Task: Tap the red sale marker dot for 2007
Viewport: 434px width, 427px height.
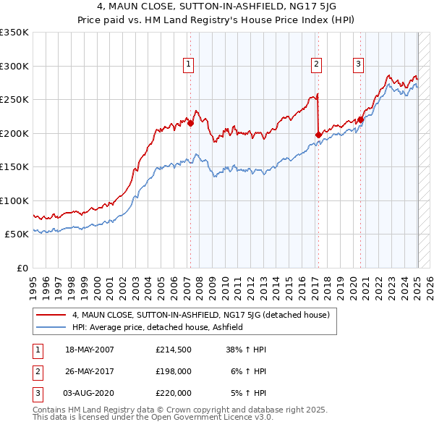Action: click(190, 124)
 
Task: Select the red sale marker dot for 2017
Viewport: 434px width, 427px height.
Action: click(318, 135)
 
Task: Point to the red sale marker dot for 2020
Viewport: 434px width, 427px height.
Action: click(360, 120)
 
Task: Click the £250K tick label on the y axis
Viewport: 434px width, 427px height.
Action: click(14, 100)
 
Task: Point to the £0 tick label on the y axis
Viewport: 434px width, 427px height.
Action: click(22, 268)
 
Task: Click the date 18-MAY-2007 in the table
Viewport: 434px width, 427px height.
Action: click(90, 350)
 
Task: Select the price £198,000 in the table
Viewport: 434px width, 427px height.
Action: click(174, 371)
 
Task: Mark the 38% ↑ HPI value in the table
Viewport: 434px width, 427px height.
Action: click(247, 350)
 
